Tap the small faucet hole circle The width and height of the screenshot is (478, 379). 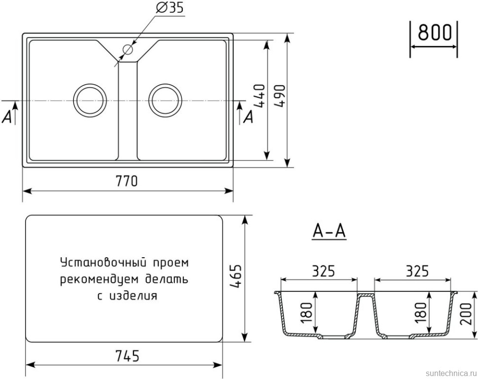click(x=128, y=49)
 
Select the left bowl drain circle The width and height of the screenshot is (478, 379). click(x=89, y=100)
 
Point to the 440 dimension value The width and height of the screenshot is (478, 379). click(x=260, y=97)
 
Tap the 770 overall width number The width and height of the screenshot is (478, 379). click(x=127, y=181)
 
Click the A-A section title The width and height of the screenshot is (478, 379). click(x=329, y=231)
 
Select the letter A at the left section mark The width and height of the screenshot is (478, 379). click(x=7, y=116)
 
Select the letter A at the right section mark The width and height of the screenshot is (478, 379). click(x=249, y=116)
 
